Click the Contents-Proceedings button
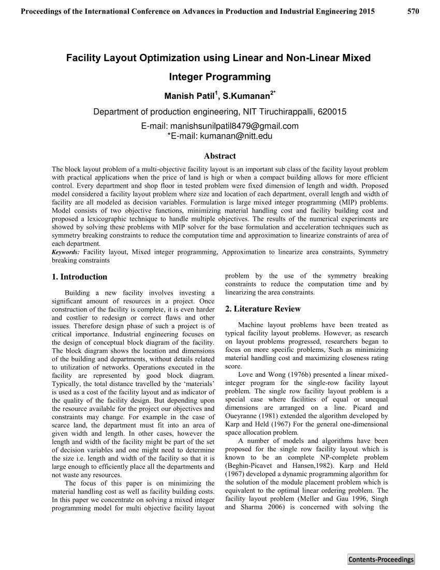381,559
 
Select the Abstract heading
220,155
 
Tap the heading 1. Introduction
80,277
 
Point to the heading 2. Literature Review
262,309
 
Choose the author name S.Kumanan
245,96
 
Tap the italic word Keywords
65,252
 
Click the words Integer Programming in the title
220,77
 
